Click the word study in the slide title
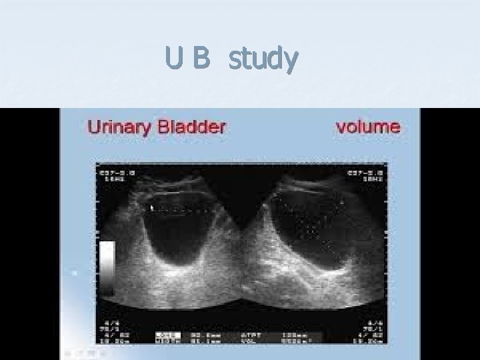263,61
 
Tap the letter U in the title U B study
175,60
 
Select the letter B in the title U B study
201,60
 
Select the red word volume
367,125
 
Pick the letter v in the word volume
340,127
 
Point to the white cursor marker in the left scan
152,208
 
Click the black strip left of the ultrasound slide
30,233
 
